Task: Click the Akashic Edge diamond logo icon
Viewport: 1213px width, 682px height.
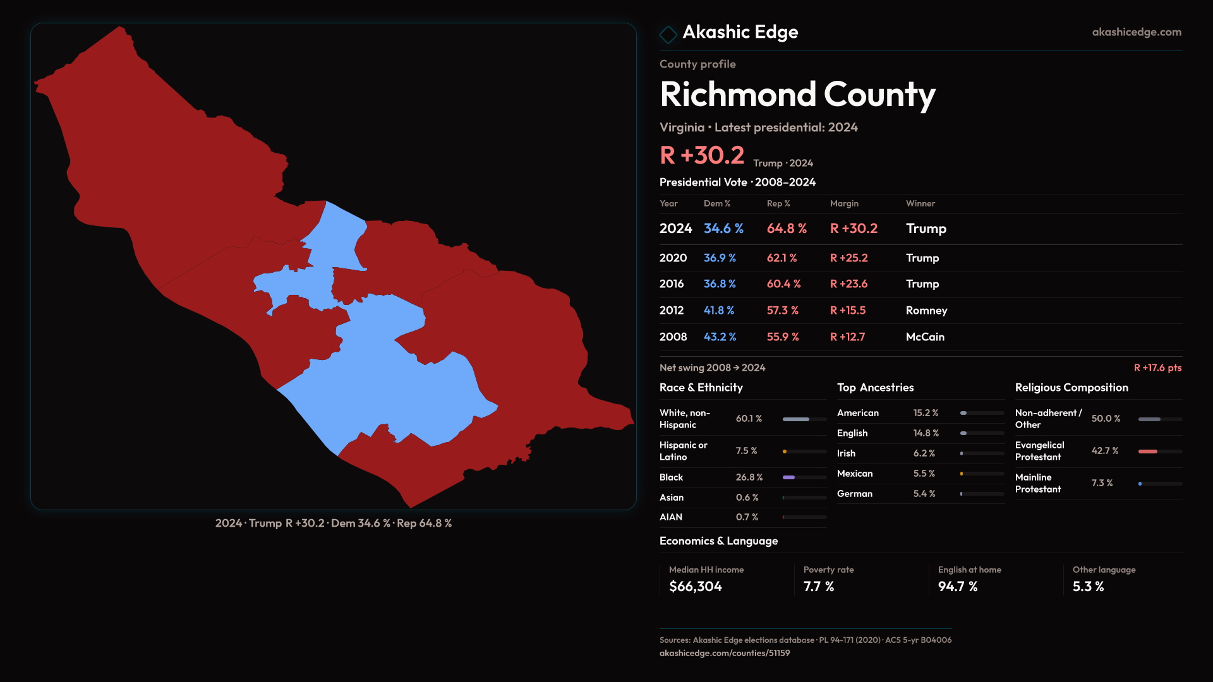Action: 668,34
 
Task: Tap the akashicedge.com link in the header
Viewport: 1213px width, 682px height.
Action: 1136,32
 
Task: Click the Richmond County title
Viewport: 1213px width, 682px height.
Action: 797,94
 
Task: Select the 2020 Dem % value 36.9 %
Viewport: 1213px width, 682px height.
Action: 720,258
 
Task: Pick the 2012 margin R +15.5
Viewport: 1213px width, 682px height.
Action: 848,311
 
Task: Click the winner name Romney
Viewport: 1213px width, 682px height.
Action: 926,311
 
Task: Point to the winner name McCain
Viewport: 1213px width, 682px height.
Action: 925,337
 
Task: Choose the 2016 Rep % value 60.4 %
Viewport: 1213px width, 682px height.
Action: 783,284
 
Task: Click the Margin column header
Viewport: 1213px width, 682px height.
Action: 844,203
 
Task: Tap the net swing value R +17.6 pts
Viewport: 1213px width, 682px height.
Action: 1157,368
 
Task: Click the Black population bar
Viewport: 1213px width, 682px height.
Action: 804,477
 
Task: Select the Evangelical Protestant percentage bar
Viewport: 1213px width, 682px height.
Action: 1159,452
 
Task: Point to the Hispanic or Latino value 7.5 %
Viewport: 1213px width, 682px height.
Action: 746,451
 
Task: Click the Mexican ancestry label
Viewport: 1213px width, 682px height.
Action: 855,474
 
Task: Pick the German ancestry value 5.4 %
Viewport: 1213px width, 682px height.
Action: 924,494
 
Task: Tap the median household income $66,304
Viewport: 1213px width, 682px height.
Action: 696,587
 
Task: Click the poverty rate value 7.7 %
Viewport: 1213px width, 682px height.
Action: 819,587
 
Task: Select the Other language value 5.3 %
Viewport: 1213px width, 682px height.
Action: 1088,587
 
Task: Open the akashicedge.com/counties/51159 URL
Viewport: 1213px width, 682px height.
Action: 725,653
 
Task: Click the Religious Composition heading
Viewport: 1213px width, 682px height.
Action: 1071,388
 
